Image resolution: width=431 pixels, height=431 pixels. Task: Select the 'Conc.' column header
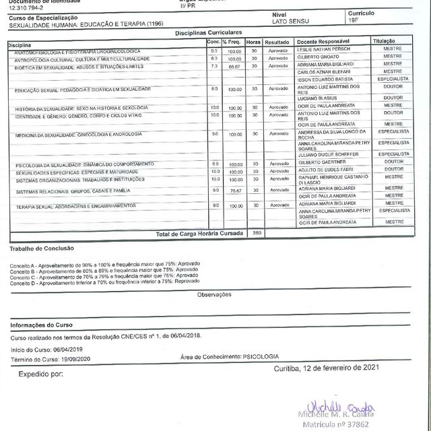(x=213, y=42)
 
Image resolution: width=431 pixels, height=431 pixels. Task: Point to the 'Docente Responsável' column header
(x=328, y=42)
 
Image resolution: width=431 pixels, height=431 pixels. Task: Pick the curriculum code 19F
(x=354, y=22)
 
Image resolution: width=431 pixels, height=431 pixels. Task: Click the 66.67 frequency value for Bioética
(x=234, y=67)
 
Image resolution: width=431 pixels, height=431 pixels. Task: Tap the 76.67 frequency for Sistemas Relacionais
(x=234, y=191)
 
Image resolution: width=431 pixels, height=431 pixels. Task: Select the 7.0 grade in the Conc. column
(x=214, y=66)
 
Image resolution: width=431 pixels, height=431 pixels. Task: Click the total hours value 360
(x=255, y=232)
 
